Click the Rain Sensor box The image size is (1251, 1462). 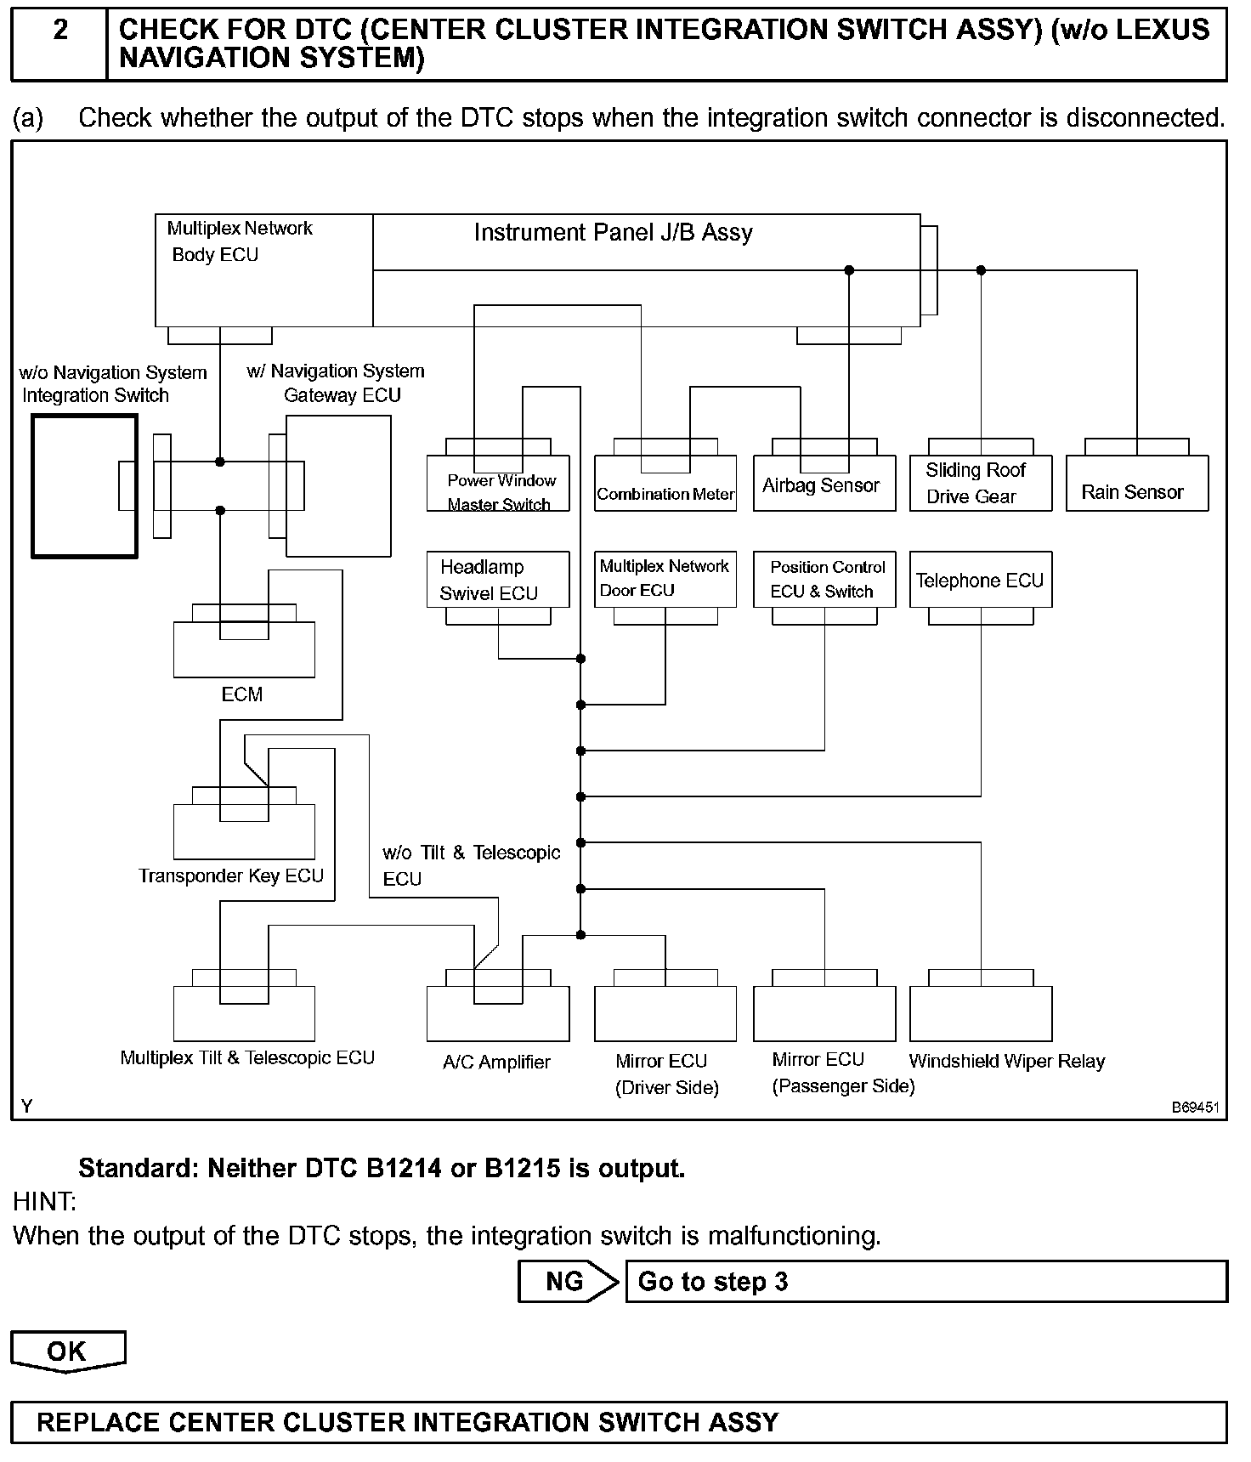click(1136, 484)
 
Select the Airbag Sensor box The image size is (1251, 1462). click(824, 484)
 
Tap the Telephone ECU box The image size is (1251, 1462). click(980, 581)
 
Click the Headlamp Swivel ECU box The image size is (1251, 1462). click(497, 580)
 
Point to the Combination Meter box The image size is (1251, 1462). click(665, 484)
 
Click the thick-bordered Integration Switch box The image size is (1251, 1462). click(84, 486)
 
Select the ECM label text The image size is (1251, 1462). click(242, 694)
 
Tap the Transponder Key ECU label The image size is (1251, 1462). click(231, 876)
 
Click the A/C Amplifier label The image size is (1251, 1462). click(496, 1062)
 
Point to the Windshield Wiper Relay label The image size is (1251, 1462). click(1006, 1061)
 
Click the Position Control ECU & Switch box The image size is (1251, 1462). click(824, 580)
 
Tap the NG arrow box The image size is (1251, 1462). click(567, 1282)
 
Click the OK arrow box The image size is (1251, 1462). click(67, 1351)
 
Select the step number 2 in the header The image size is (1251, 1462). click(60, 31)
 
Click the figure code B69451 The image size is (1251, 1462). click(1195, 1108)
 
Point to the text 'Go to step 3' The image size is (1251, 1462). click(713, 1282)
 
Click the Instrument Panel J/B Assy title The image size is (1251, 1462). click(613, 233)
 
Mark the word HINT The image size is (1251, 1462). click(44, 1202)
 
